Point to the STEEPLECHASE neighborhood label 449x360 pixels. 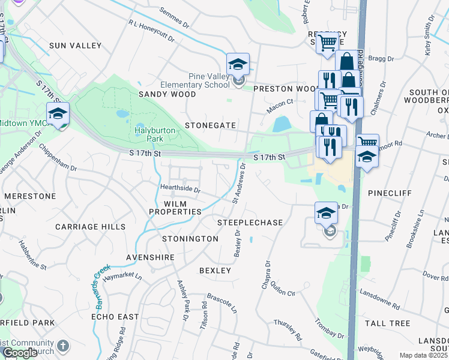pos(250,223)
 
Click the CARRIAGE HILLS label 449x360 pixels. pos(90,227)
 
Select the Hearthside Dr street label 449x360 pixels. pos(180,188)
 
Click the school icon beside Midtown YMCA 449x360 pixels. pos(58,113)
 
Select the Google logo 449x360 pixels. pos(20,353)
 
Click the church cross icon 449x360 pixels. pos(64,346)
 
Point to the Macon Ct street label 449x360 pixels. pos(280,103)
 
